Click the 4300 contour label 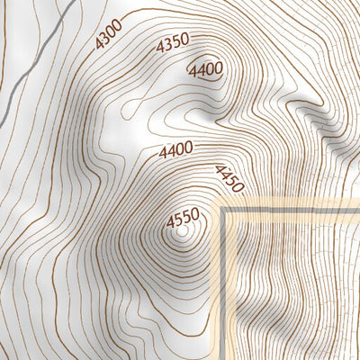(x=108, y=38)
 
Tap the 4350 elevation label (x=171, y=45)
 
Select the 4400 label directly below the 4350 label (x=205, y=69)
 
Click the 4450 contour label (x=229, y=178)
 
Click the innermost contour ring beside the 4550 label (x=184, y=232)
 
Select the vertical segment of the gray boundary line (x=223, y=288)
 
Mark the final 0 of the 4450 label (x=238, y=189)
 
